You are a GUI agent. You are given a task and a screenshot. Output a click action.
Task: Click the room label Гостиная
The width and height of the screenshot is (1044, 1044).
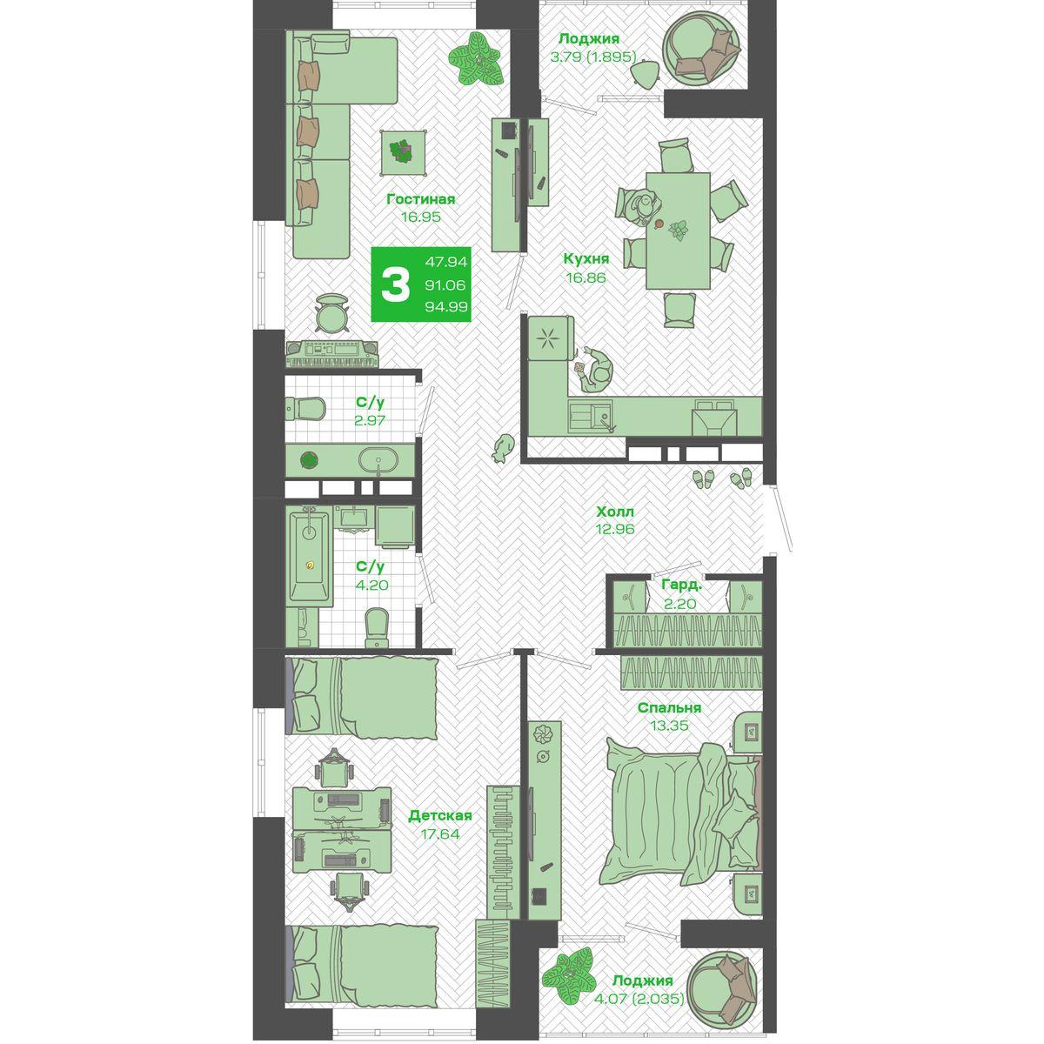pos(420,199)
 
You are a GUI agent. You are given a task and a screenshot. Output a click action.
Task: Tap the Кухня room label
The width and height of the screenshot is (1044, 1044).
pos(586,259)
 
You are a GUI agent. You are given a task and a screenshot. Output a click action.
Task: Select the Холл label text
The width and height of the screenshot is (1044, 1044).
pos(615,512)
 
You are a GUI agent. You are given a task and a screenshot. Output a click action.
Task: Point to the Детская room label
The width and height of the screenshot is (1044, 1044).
pos(440,815)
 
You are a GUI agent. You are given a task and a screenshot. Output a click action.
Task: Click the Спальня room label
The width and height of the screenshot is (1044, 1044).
pos(669,707)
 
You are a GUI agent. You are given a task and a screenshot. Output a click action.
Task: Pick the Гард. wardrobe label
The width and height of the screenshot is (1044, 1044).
pos(681,585)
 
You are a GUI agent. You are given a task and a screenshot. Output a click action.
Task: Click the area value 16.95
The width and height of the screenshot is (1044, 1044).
pos(420,217)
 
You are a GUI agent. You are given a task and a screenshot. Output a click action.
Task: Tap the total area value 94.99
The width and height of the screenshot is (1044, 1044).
pos(446,306)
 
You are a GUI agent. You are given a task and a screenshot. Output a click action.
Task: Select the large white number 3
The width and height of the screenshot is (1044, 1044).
pos(396,285)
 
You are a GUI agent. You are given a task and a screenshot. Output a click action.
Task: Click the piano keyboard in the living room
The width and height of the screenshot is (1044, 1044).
pos(331,354)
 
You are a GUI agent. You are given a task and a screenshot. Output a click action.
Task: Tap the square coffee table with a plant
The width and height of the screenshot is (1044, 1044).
pos(402,152)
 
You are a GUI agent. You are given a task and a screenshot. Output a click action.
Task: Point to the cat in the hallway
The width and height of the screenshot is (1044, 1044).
pos(502,447)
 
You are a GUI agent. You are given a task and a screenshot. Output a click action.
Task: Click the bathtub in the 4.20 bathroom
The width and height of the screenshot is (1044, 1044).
pos(309,556)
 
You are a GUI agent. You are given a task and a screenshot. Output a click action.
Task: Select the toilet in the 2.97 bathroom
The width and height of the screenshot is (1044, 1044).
pos(305,409)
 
